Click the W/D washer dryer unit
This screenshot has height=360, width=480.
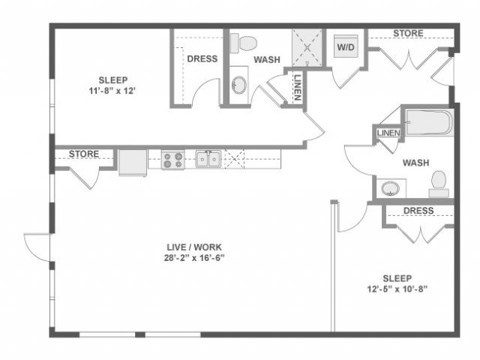(346, 46)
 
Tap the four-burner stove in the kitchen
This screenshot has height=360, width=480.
(173, 160)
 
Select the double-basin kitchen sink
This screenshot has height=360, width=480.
(208, 159)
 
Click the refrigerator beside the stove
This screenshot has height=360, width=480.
(133, 163)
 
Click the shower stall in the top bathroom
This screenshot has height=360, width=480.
(307, 48)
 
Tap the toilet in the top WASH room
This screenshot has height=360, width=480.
(243, 43)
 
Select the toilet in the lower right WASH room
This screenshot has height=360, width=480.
(439, 184)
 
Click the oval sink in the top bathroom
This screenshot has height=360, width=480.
(239, 85)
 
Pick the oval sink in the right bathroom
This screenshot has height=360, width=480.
(390, 188)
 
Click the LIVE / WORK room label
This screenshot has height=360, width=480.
(194, 247)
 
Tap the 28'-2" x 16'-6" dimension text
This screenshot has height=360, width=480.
(194, 258)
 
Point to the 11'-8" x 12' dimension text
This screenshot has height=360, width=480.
(113, 91)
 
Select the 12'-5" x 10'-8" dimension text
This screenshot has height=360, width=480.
(397, 289)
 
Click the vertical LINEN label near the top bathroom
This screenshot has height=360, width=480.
(298, 88)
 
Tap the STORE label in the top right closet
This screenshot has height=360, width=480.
(408, 33)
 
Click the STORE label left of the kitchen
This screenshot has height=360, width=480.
(84, 154)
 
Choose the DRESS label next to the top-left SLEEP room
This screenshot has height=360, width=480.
(202, 58)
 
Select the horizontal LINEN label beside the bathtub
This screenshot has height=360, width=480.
(388, 133)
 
